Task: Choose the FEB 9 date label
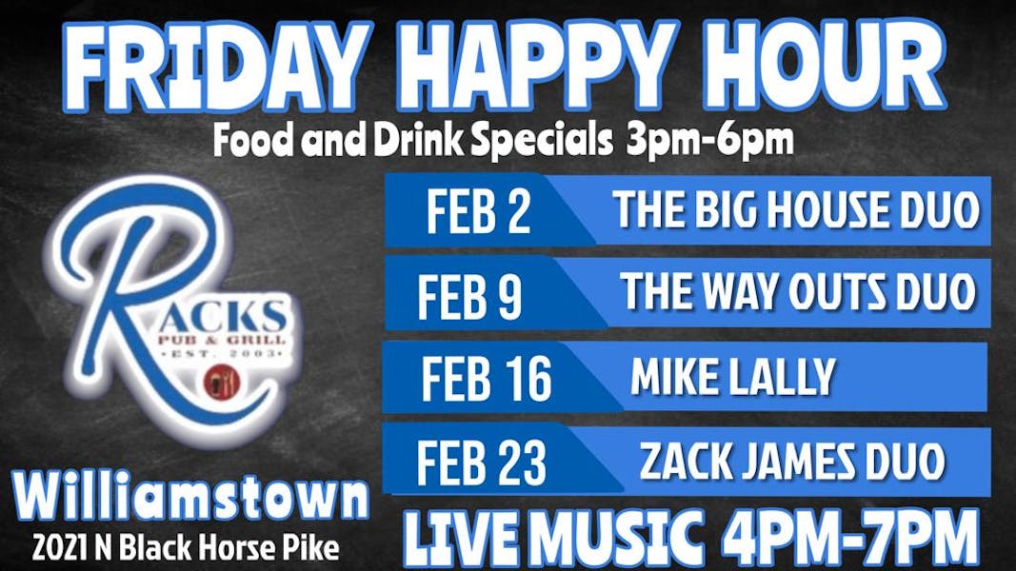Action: point(469,296)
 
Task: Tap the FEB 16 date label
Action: point(486,379)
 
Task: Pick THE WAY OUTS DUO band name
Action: point(798,291)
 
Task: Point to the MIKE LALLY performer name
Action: point(732,377)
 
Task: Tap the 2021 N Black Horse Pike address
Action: point(185,548)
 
